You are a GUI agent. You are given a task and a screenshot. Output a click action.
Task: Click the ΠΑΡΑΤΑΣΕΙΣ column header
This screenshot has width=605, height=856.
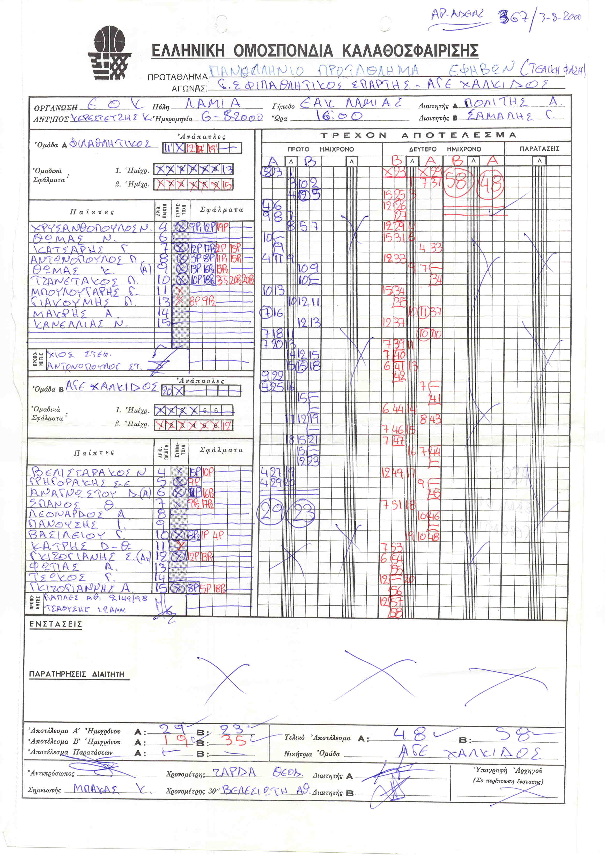click(x=539, y=149)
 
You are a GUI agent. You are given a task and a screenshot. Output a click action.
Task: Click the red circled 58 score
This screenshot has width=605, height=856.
click(x=457, y=182)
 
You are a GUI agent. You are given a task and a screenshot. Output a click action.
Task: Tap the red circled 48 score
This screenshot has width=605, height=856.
click(x=491, y=183)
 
